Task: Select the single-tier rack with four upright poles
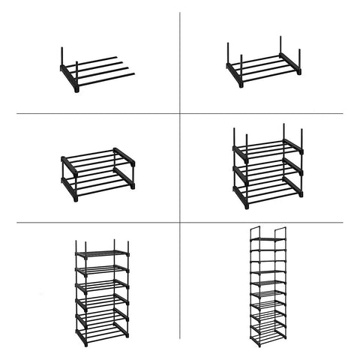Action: pos(263,66)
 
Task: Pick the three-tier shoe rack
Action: pos(268,168)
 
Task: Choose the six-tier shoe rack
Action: pos(102,292)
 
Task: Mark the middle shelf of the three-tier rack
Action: pos(268,170)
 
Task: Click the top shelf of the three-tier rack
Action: pos(268,148)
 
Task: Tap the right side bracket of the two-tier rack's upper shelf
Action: pos(124,156)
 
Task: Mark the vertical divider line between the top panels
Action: pos(179,60)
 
